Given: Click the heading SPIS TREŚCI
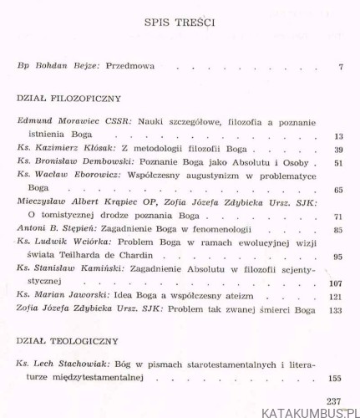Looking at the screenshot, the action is [x=180, y=23].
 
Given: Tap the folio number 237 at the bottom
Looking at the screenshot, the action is [x=335, y=400].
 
